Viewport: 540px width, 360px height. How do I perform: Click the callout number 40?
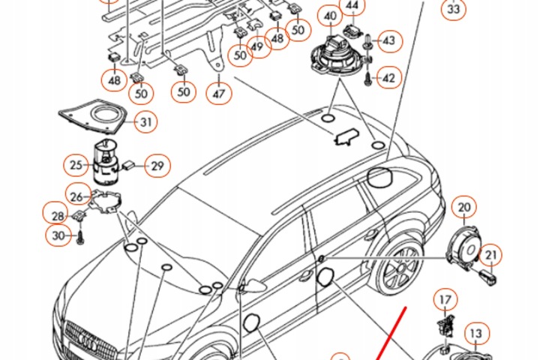coord(330,15)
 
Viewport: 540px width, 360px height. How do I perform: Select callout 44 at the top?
coord(352,7)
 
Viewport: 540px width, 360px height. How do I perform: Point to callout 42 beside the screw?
coord(388,76)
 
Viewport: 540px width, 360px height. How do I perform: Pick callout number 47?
coord(218,94)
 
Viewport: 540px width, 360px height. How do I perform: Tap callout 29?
coord(157,165)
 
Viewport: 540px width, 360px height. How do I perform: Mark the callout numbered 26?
coord(76,196)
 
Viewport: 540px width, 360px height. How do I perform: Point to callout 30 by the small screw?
coord(59,237)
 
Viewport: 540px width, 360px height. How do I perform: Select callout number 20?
coord(465,206)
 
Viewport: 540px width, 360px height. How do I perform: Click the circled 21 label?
coord(490,256)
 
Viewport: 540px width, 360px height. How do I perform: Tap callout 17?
coord(446,301)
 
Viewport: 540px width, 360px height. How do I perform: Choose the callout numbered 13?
coord(476,331)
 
